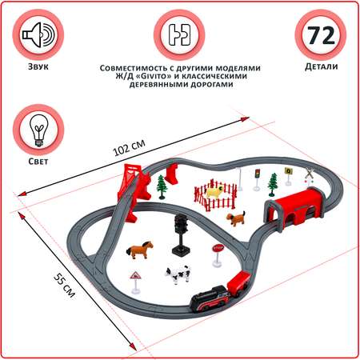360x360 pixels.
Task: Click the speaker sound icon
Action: (38, 35)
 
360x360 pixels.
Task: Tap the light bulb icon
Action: (38, 130)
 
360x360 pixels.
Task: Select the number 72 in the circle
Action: (321, 35)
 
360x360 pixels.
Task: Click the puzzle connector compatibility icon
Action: (179, 35)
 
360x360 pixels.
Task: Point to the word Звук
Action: (38, 66)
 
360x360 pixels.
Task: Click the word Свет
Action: (38, 162)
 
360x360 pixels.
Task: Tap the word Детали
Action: (322, 66)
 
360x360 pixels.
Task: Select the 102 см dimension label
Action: (130, 147)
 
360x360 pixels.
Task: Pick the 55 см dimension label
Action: (64, 286)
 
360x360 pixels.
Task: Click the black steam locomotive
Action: (210, 298)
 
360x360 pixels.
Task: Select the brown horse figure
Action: (139, 250)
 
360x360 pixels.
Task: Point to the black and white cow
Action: (178, 274)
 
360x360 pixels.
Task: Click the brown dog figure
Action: (236, 218)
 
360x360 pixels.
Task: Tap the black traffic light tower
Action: (181, 234)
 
